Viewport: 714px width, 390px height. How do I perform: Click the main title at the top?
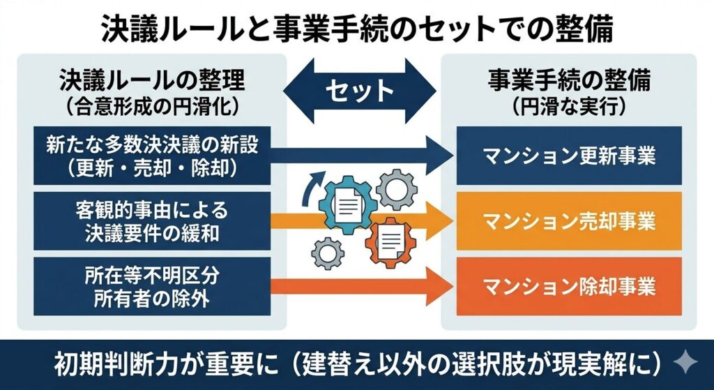pos(356,29)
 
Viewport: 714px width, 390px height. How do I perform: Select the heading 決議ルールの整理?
pos(153,82)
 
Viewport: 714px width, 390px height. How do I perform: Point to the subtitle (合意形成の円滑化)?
pos(153,107)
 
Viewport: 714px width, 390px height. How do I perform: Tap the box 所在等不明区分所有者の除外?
pos(153,286)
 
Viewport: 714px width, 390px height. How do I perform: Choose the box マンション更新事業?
pos(570,155)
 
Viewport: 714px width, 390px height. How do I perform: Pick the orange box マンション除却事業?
pos(570,286)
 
